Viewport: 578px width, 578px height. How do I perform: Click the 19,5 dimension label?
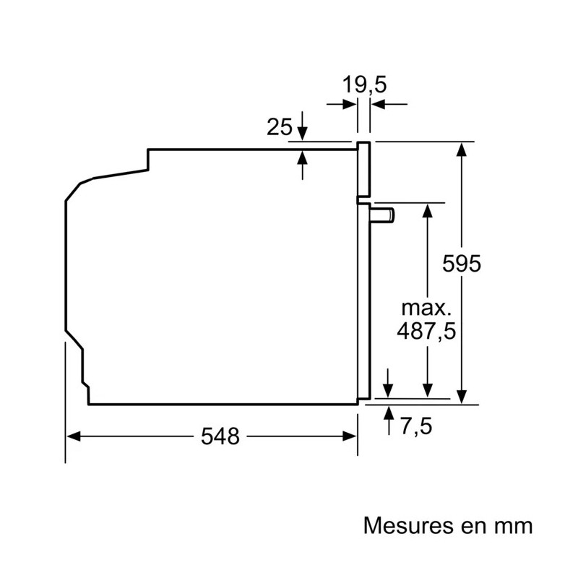[x=364, y=85]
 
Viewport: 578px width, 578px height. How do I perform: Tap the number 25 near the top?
[x=280, y=127]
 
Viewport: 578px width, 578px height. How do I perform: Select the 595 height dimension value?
[x=462, y=264]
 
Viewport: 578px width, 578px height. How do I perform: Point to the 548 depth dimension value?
[x=220, y=436]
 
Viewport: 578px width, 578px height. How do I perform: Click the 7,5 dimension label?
[x=416, y=427]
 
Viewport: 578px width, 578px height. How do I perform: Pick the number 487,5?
[x=426, y=331]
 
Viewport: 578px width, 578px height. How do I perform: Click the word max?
[x=426, y=309]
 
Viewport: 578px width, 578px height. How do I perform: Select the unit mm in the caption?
[x=514, y=527]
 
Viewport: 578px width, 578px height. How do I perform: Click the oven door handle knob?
[x=382, y=215]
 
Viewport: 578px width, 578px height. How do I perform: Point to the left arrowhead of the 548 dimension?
[x=74, y=436]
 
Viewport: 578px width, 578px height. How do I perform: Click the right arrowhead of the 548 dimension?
[x=350, y=436]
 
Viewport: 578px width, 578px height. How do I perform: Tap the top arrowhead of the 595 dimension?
[x=462, y=149]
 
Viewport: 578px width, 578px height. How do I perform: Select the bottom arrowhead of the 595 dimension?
[x=462, y=397]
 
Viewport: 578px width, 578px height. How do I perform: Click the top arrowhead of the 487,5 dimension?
[x=427, y=210]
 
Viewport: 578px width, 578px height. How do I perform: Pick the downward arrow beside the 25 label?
[x=302, y=126]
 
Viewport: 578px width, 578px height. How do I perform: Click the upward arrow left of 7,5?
[x=388, y=420]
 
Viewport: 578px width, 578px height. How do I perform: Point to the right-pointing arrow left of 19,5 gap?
[x=341, y=104]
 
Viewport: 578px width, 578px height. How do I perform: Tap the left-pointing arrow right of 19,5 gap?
[x=389, y=104]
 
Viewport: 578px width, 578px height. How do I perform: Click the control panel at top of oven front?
[x=363, y=169]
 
